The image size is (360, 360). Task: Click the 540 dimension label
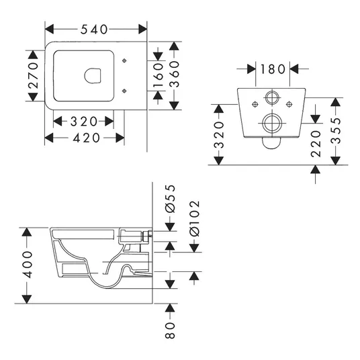[94, 30]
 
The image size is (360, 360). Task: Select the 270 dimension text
[34, 75]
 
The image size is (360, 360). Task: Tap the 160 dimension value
[158, 75]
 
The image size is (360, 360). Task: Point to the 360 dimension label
[174, 74]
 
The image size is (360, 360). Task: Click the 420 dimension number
[87, 138]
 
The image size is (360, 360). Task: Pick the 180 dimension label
[273, 69]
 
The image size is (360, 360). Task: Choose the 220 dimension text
[316, 144]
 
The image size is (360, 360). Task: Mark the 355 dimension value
[336, 130]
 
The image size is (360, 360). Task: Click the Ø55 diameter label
[170, 199]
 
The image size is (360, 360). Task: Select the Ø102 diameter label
[195, 218]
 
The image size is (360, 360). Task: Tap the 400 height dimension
[27, 265]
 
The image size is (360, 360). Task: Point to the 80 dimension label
[170, 330]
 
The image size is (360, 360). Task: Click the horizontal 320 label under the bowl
[84, 122]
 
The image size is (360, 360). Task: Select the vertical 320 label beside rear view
[218, 135]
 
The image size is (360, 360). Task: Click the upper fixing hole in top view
[124, 60]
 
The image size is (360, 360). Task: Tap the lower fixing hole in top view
[124, 91]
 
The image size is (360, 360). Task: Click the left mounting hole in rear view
[255, 105]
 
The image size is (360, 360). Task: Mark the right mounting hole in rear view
[289, 105]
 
